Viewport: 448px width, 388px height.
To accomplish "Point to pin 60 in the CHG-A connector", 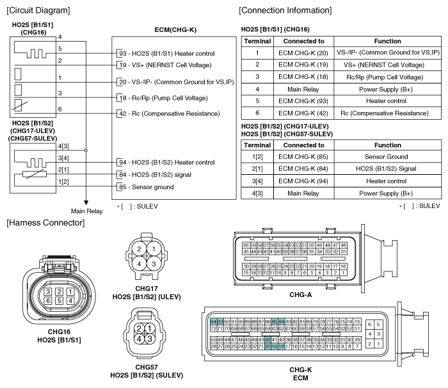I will click(x=246, y=245).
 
